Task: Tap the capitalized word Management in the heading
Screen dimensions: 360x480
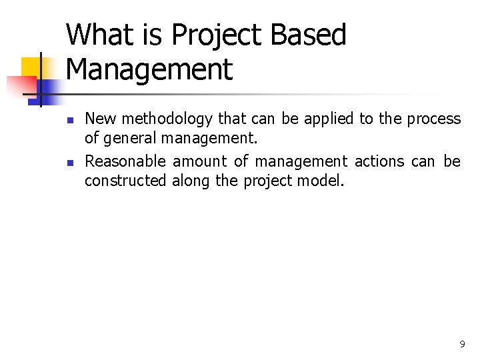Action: [x=149, y=70]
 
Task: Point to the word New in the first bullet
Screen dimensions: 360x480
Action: [x=100, y=119]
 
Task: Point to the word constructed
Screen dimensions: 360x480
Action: [x=125, y=181]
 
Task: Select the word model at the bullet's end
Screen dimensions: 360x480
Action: [x=324, y=181]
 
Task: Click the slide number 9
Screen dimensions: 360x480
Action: [x=462, y=345]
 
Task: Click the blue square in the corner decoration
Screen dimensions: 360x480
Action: [x=48, y=87]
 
